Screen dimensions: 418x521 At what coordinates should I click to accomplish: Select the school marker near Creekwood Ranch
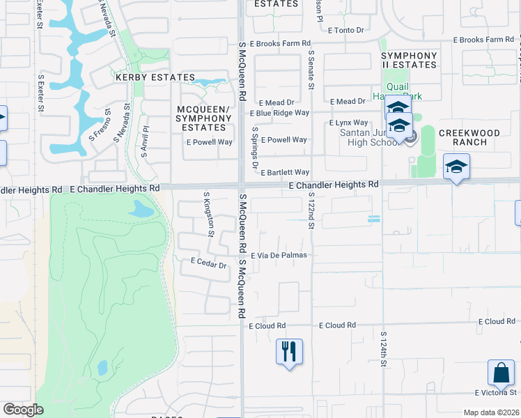tap(456, 167)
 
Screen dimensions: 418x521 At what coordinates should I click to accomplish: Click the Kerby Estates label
tap(155, 77)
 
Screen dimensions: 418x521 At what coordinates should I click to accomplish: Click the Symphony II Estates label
tap(409, 60)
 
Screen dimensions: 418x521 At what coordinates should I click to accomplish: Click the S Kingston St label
tap(207, 214)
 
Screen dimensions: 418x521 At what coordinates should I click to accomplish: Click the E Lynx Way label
tap(348, 123)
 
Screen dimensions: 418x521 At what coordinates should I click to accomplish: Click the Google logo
tap(23, 410)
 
